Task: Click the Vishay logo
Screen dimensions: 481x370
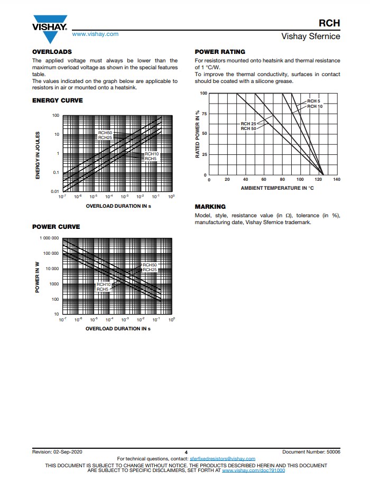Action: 50,31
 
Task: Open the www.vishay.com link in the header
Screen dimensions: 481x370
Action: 95,34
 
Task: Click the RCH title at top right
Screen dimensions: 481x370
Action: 329,23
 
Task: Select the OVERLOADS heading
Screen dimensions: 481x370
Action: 52,52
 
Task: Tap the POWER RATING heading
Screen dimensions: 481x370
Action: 220,52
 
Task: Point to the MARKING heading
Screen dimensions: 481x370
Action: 210,207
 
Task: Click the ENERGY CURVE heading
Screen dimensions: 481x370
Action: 58,100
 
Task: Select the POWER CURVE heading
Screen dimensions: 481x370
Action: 56,227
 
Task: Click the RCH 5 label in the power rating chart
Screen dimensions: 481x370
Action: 314,101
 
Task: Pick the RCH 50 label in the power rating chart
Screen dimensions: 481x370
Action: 248,128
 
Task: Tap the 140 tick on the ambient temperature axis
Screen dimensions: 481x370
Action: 337,180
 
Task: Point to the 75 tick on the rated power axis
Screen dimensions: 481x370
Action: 203,114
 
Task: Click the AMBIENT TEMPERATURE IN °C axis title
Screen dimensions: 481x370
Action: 277,188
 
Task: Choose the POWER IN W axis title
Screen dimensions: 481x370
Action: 38,277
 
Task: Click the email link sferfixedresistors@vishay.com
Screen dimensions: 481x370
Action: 222,459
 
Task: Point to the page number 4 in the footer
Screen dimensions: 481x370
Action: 186,452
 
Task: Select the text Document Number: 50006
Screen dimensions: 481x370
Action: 311,452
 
